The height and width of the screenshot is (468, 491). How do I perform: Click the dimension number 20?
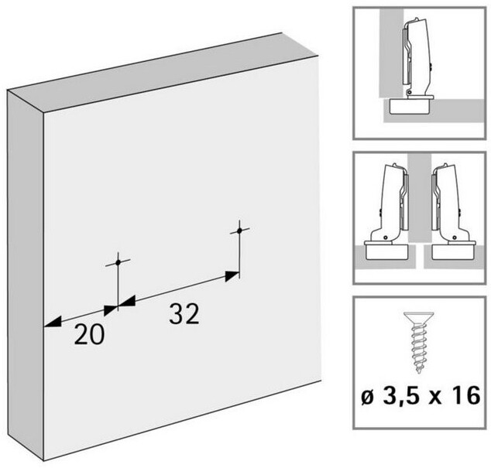click(89, 334)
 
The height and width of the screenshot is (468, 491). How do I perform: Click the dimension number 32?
click(184, 313)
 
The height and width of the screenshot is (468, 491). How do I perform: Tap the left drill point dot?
click(118, 262)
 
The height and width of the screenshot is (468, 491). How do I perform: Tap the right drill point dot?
click(239, 231)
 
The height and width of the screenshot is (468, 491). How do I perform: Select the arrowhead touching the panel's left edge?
click(53, 322)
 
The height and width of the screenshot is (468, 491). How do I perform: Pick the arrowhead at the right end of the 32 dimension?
click(232, 276)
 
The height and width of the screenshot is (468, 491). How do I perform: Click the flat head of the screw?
click(418, 317)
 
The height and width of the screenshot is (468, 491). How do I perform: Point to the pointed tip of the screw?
click(419, 371)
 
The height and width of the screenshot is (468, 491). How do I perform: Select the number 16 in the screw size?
click(468, 395)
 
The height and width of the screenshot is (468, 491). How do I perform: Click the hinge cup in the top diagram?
click(409, 106)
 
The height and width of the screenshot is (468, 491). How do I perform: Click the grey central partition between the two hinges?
click(420, 198)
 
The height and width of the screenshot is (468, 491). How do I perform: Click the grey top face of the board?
click(163, 72)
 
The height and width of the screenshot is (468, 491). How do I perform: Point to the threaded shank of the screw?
click(418, 347)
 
